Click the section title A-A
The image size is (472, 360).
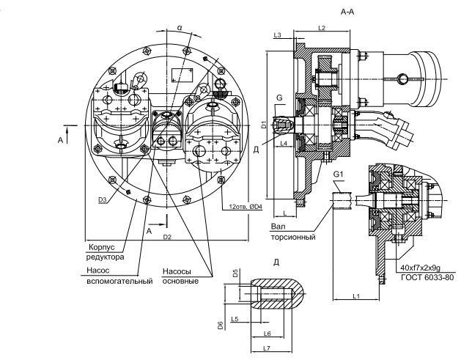347,12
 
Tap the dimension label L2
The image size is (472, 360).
322,28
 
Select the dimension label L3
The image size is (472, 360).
277,35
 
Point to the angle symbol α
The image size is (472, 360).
180,28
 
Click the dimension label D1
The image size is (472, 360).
264,125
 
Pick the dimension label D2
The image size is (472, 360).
167,237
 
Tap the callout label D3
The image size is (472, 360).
103,199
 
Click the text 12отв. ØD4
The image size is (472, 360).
246,207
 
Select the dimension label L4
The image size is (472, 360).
284,144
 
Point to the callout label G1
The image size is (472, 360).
338,174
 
